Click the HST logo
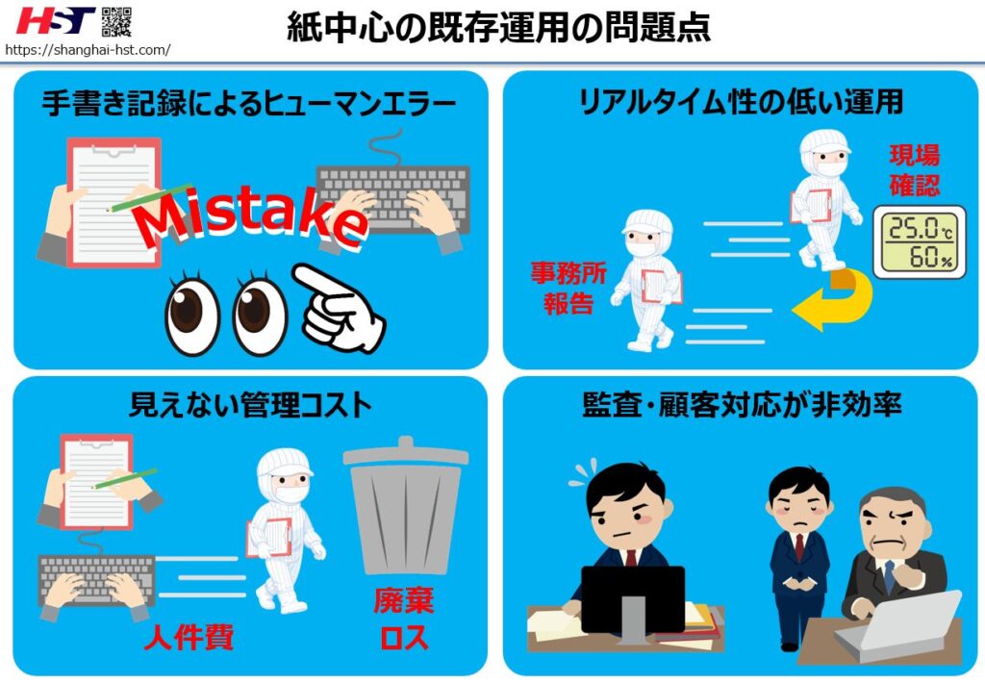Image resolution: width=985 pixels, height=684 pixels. (x=56, y=20)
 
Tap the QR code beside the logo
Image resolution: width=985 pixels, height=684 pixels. (x=116, y=20)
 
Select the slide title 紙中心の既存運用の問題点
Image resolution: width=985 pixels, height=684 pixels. (x=498, y=27)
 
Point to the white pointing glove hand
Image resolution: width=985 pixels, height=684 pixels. (x=341, y=306)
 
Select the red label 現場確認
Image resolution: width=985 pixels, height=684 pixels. (x=914, y=169)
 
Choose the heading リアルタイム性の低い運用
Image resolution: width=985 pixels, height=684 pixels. (x=740, y=102)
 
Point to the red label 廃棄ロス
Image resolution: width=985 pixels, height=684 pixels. (x=404, y=620)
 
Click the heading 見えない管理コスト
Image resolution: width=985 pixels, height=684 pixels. (x=249, y=405)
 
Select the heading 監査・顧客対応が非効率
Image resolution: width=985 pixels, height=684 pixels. (x=741, y=405)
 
